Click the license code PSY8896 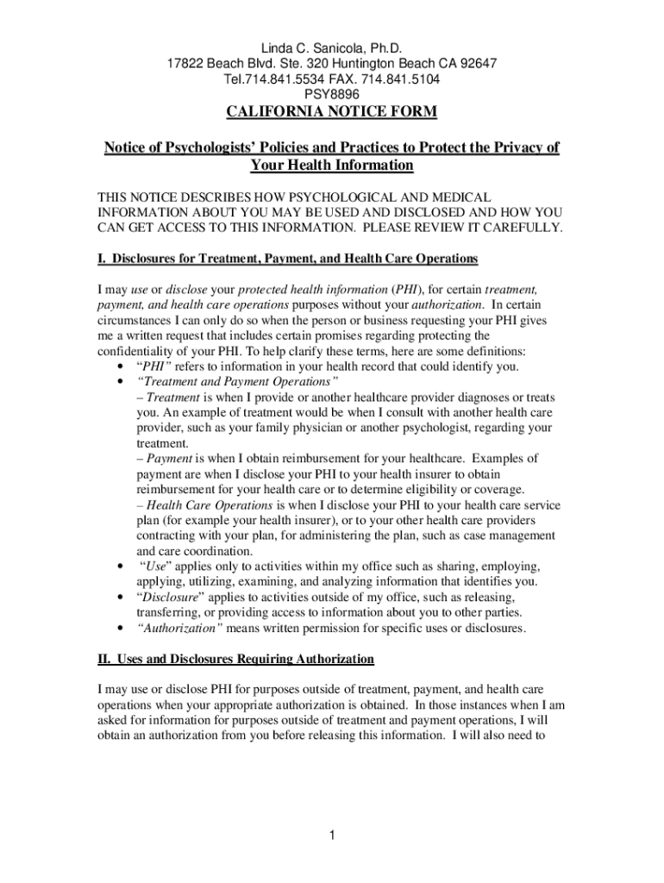[331, 95]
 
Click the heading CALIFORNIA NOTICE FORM [332, 112]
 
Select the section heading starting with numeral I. [287, 259]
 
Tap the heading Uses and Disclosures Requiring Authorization [244, 659]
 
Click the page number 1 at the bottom [332, 835]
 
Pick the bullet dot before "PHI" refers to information [117, 366]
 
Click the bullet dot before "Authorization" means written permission [117, 628]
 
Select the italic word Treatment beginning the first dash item [172, 398]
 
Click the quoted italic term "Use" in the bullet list [154, 567]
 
